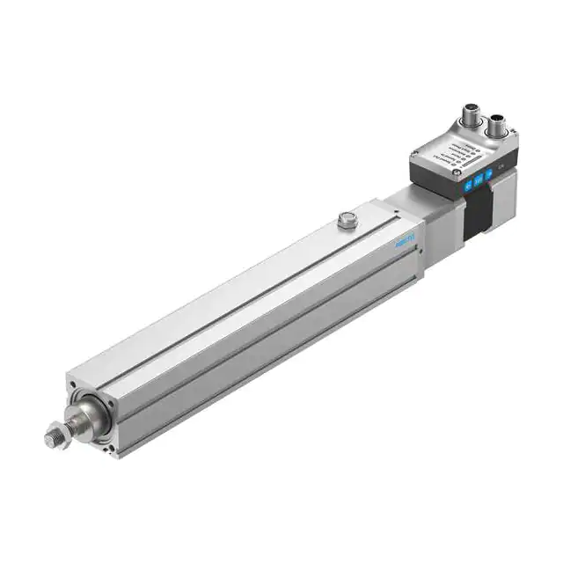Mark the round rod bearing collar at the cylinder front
pyautogui.click(x=95, y=412)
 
